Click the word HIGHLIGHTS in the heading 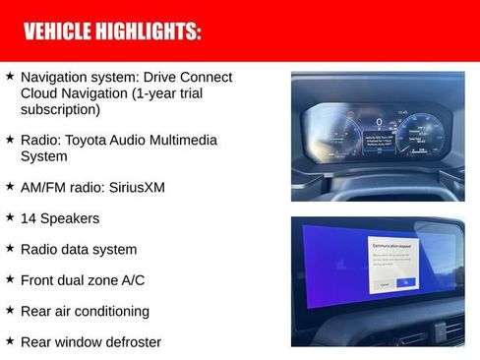[x=149, y=31]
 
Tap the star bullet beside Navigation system [x=10, y=76]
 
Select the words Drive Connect [x=188, y=77]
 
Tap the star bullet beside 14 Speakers [x=10, y=216]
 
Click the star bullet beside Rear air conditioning [x=10, y=310]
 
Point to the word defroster [x=127, y=341]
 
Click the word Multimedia [x=181, y=141]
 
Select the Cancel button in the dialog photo [x=385, y=283]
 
